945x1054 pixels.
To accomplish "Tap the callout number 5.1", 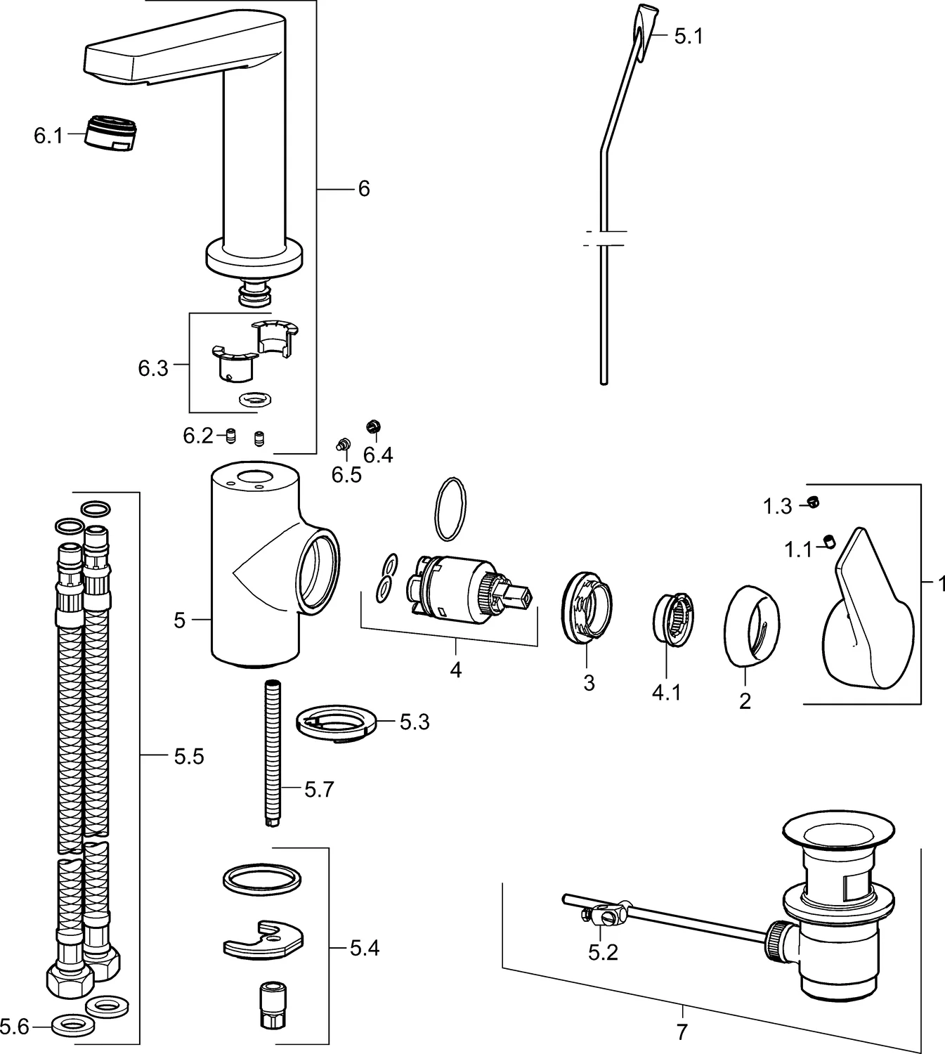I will point(688,37).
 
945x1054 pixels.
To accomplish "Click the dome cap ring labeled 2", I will point(751,625).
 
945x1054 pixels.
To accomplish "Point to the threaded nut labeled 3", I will point(588,609).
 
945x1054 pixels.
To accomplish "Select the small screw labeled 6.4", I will point(373,427).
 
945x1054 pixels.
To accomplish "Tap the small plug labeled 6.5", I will point(343,444).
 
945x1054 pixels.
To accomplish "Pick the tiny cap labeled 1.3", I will point(814,502).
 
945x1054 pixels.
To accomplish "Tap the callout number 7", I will point(681,1032).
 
